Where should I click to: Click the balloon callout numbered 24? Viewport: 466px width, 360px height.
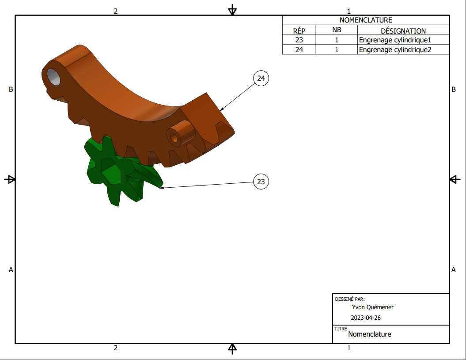pyautogui.click(x=261, y=78)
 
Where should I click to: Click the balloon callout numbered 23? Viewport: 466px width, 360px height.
pyautogui.click(x=261, y=181)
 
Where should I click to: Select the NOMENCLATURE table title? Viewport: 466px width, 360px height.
pyautogui.click(x=366, y=20)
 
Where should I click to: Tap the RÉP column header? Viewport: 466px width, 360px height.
pyautogui.click(x=299, y=31)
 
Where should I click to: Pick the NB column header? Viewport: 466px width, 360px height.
pyautogui.click(x=337, y=30)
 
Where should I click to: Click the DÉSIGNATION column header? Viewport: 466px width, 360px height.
pyautogui.click(x=403, y=31)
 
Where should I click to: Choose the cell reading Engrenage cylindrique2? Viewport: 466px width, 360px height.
pyautogui.click(x=395, y=49)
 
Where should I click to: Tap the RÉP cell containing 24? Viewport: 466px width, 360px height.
pyautogui.click(x=299, y=49)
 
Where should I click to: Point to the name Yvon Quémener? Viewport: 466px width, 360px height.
pyautogui.click(x=373, y=307)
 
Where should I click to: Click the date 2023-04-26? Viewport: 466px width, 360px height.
pyautogui.click(x=366, y=318)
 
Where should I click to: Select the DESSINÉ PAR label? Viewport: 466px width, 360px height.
pyautogui.click(x=350, y=299)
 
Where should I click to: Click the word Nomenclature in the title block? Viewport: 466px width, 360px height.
pyautogui.click(x=370, y=334)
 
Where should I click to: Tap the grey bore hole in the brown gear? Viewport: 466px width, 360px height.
pyautogui.click(x=54, y=77)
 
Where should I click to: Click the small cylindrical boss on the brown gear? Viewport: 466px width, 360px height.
pyautogui.click(x=180, y=133)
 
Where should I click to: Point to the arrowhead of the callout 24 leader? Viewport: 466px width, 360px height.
pyautogui.click(x=221, y=110)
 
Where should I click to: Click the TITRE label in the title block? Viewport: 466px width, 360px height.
pyautogui.click(x=341, y=329)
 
